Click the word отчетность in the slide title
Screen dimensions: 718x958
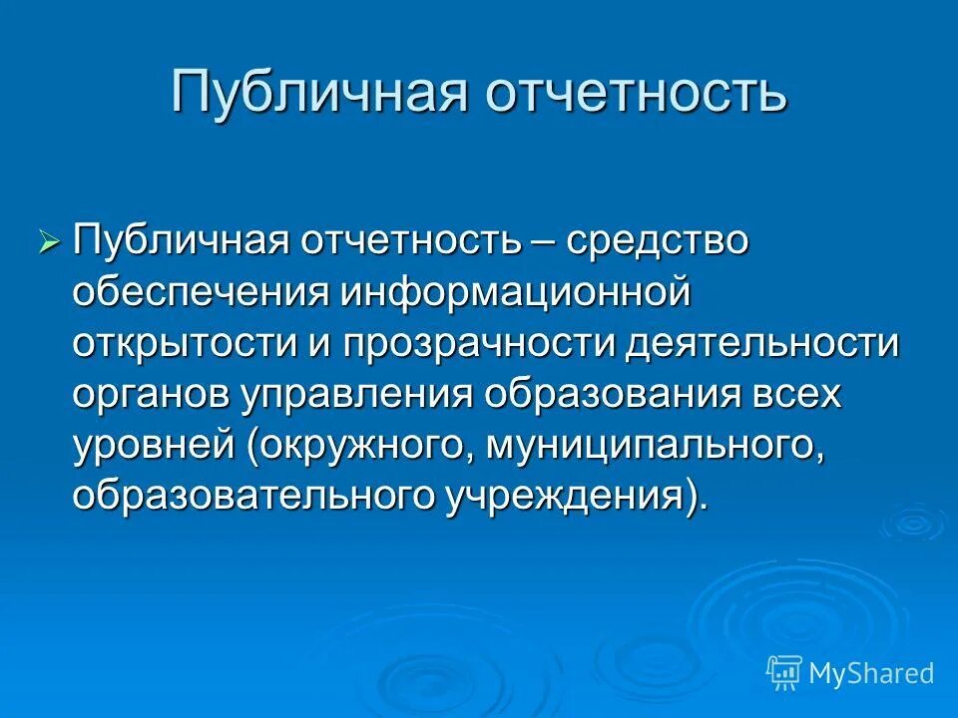(x=637, y=93)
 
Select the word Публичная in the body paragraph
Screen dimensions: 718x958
(x=181, y=242)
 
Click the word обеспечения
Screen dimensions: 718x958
(x=200, y=293)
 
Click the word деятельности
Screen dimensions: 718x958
(x=763, y=344)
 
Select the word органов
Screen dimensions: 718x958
(x=150, y=395)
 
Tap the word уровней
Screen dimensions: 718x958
(x=152, y=446)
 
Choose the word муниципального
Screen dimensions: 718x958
(x=655, y=446)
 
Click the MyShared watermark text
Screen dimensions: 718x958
(x=870, y=673)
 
